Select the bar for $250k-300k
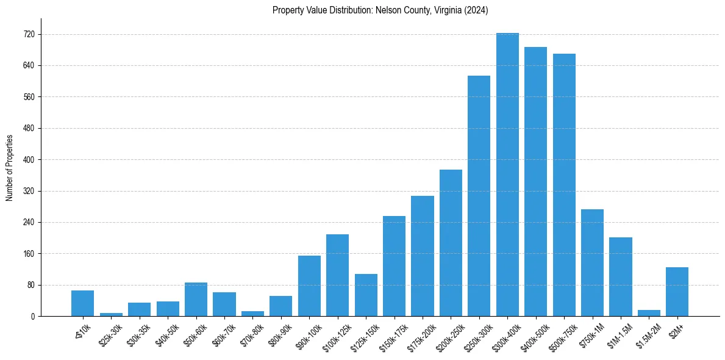[479, 196]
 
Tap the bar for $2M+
[677, 292]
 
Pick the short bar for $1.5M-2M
[649, 313]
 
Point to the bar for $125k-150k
[366, 295]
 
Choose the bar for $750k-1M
[592, 263]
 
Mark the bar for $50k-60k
[196, 300]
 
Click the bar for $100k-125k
[337, 275]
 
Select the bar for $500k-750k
[564, 185]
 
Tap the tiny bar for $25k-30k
[111, 314]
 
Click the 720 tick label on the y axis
[28, 35]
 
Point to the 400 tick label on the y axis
[28, 160]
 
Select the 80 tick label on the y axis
[30, 285]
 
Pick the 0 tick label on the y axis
[32, 317]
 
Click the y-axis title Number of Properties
[9, 167]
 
